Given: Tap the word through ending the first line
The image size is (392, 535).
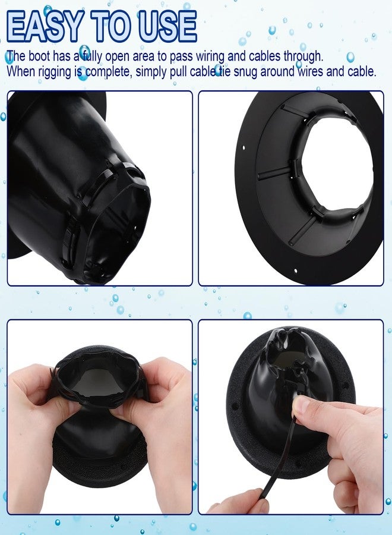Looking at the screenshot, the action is (x=304, y=56).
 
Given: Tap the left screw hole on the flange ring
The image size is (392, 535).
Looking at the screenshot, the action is (x=244, y=148).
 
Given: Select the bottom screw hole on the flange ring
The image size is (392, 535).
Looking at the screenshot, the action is (x=296, y=271).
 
